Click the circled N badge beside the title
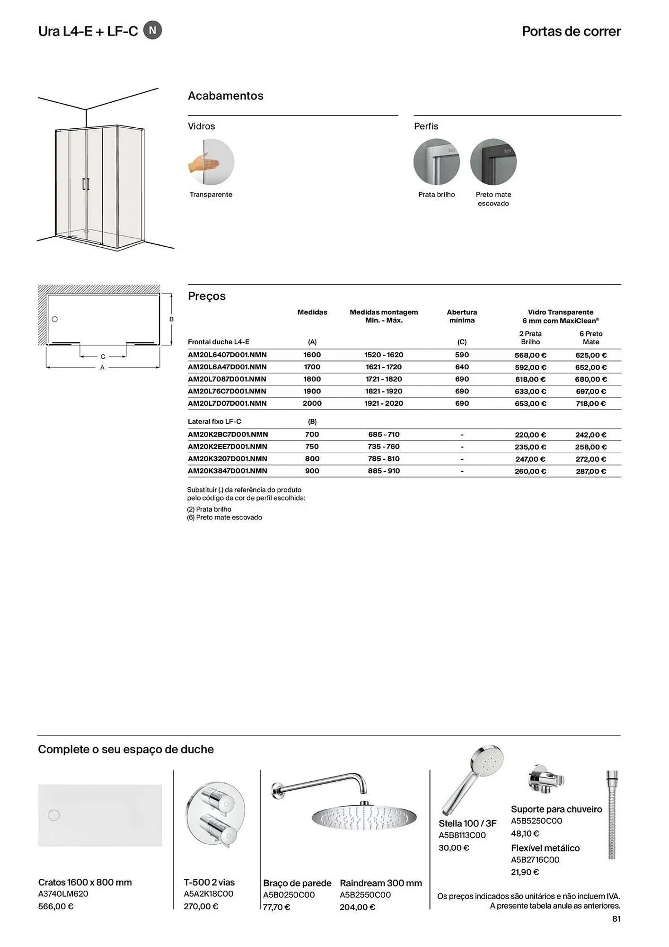[x=152, y=30]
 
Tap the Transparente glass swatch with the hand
[x=211, y=162]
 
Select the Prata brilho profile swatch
[x=436, y=162]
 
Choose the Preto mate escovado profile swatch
[x=493, y=162]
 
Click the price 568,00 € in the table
[x=530, y=355]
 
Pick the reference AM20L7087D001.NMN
[x=227, y=379]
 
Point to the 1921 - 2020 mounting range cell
[x=384, y=403]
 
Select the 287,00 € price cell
[x=591, y=471]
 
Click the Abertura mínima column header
[x=462, y=316]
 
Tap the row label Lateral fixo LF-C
[x=214, y=421]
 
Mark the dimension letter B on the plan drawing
[x=171, y=319]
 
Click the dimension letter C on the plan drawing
[x=103, y=357]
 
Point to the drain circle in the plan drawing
[x=55, y=319]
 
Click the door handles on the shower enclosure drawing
[x=86, y=184]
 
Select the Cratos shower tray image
[x=100, y=815]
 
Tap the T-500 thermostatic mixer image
[x=216, y=815]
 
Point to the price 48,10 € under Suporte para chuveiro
[x=525, y=833]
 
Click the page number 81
[x=616, y=919]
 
